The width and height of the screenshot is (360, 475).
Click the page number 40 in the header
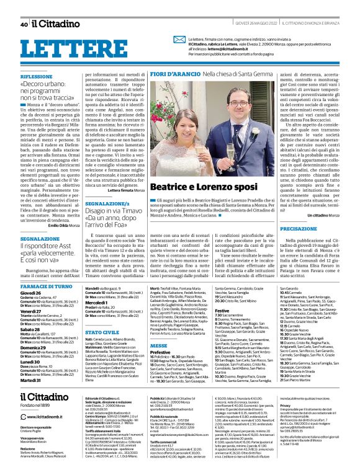pyautogui.click(x=24, y=25)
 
